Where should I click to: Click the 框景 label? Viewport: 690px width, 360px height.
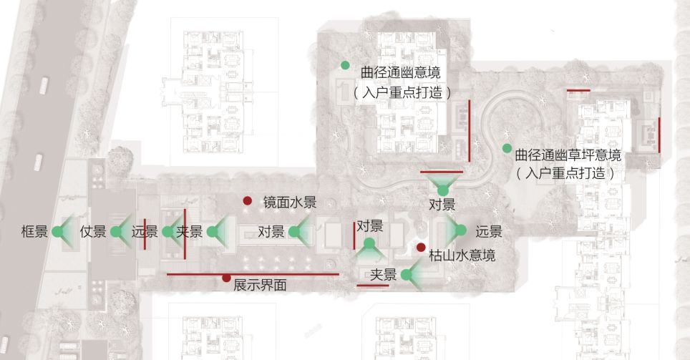pyautogui.click(x=34, y=232)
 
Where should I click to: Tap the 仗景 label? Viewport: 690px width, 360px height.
pyautogui.click(x=93, y=232)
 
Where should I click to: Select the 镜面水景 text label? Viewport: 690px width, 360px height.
pyautogui.click(x=289, y=203)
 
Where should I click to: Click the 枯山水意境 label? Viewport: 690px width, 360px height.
pyautogui.click(x=462, y=256)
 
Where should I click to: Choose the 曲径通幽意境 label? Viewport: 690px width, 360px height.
pyautogui.click(x=400, y=72)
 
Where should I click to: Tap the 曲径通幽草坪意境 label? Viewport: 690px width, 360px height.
pyautogui.click(x=568, y=155)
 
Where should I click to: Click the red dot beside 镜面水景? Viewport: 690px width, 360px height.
pyautogui.click(x=248, y=201)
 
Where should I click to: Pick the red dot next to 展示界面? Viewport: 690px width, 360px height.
pyautogui.click(x=227, y=278)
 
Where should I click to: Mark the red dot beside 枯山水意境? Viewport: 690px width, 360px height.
pyautogui.click(x=420, y=248)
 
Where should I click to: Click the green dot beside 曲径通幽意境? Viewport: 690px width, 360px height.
pyautogui.click(x=345, y=65)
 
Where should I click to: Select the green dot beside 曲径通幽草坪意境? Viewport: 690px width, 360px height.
pyautogui.click(x=507, y=149)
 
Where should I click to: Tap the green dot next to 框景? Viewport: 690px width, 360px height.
pyautogui.click(x=57, y=231)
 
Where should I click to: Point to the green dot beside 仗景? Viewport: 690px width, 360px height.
pyautogui.click(x=116, y=231)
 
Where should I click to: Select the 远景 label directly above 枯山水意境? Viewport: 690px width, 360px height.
pyautogui.click(x=489, y=232)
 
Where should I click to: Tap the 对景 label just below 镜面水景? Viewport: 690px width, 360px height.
pyautogui.click(x=272, y=232)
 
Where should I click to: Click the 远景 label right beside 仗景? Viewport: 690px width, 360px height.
pyautogui.click(x=145, y=232)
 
